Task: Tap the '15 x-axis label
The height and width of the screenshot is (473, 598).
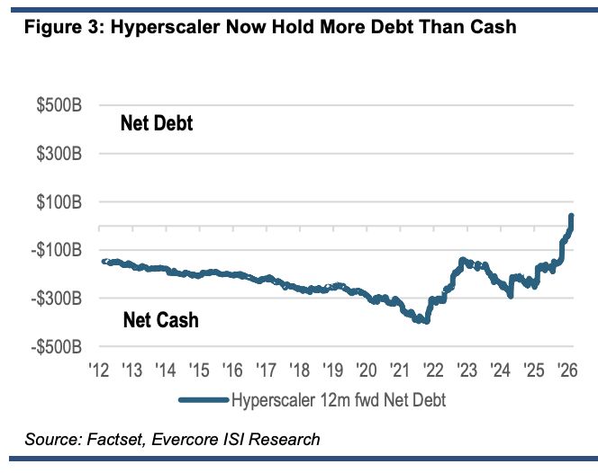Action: [198, 370]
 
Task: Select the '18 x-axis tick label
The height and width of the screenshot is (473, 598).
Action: [299, 370]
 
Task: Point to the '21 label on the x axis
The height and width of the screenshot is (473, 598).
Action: [400, 370]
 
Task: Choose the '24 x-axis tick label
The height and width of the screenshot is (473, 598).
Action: [501, 370]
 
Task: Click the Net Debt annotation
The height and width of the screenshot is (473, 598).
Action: [157, 124]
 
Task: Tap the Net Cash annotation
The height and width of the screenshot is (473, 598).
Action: [160, 319]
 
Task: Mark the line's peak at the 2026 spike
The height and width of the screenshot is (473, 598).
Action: [571, 217]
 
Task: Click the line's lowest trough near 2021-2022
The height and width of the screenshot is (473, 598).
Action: [424, 321]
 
